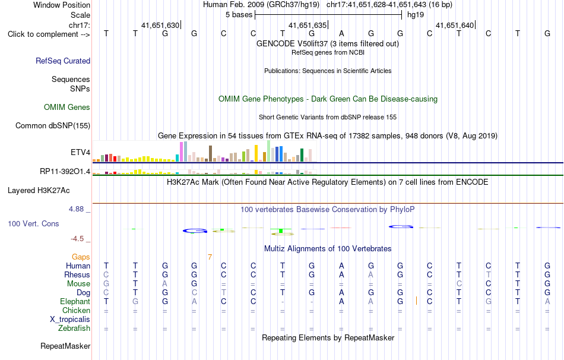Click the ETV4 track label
pyautogui.click(x=80, y=152)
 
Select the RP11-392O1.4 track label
pyautogui.click(x=65, y=171)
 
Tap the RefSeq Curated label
pyautogui.click(x=63, y=61)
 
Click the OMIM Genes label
pyautogui.click(x=67, y=108)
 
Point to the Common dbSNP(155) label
pyautogui.click(x=53, y=125)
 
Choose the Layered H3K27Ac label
pyautogui.click(x=39, y=191)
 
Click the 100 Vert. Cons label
pyautogui.click(x=33, y=223)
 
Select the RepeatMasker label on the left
pyautogui.click(x=65, y=346)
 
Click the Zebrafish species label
pyautogui.click(x=74, y=329)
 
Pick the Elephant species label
pyautogui.click(x=75, y=301)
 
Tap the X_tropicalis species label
pyautogui.click(x=70, y=320)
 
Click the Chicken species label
pyautogui.click(x=76, y=310)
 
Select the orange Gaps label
pyautogui.click(x=81, y=257)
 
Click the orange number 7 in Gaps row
pyautogui.click(x=210, y=257)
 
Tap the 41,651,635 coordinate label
pyautogui.click(x=308, y=25)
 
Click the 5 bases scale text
pyautogui.click(x=239, y=15)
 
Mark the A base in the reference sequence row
pyautogui.click(x=341, y=33)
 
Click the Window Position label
pyautogui.click(x=62, y=5)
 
